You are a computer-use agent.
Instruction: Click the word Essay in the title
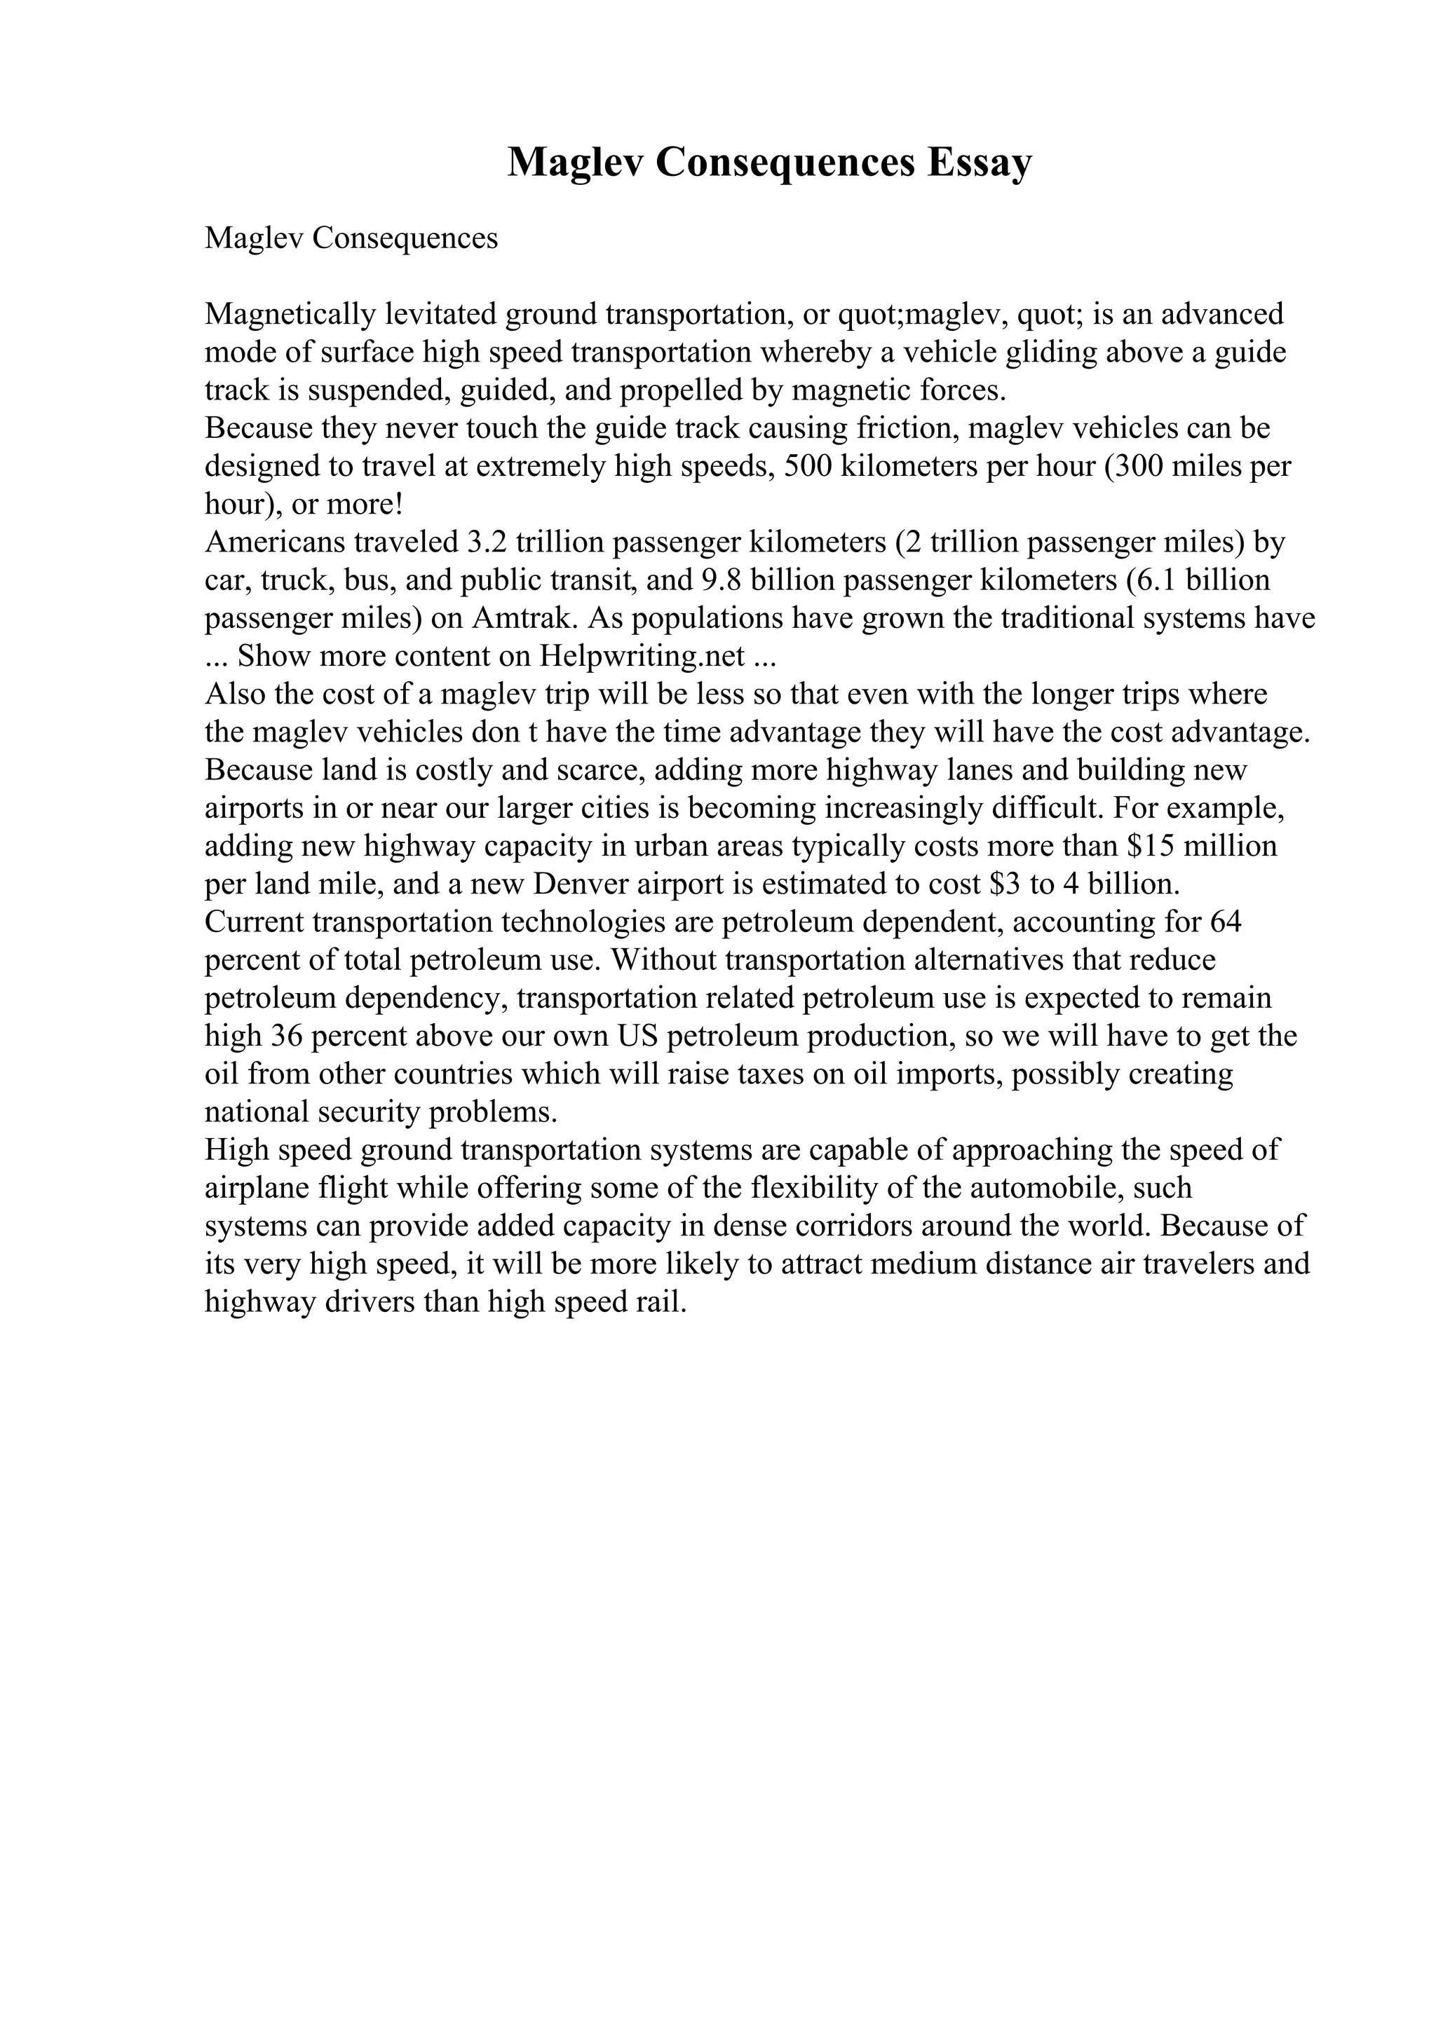(980, 163)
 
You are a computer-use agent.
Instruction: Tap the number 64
(1226, 922)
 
